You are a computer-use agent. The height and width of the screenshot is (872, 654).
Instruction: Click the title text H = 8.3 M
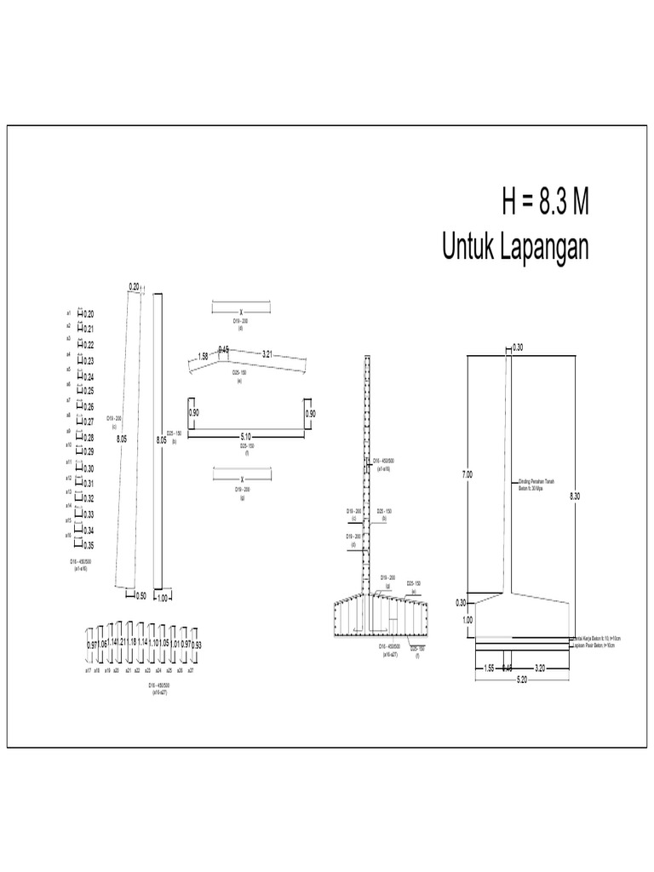[545, 204]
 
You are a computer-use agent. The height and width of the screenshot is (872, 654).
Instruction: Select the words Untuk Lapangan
[515, 247]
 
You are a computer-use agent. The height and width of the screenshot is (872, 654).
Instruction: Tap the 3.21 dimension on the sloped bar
[267, 353]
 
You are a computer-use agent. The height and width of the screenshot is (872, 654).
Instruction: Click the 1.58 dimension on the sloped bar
[203, 357]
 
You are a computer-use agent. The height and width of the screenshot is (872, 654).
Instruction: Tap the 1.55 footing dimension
[489, 668]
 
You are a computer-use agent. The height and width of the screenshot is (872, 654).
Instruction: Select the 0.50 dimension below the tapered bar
[141, 596]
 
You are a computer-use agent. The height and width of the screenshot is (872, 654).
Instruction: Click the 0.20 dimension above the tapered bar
[134, 287]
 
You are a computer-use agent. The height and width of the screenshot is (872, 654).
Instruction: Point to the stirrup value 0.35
[89, 545]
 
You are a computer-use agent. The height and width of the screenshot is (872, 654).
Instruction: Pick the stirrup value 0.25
[89, 392]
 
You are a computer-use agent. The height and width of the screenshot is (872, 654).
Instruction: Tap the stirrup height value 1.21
[123, 641]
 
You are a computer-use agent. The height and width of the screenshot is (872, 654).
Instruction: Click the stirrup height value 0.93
[197, 645]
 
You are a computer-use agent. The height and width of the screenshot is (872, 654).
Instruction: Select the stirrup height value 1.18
[133, 641]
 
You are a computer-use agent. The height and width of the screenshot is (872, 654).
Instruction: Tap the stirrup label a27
[191, 671]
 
